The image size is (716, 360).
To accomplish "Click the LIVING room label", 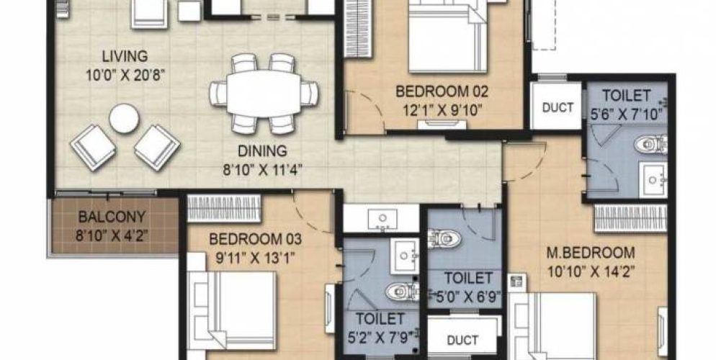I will (x=125, y=55).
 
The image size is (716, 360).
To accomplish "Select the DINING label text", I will (x=264, y=151).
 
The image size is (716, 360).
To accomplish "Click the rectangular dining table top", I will (x=264, y=92).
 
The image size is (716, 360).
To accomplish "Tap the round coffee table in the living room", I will (x=124, y=118).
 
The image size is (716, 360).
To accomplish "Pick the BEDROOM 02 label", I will (x=442, y=92).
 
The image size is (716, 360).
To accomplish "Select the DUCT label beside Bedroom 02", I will (x=558, y=108).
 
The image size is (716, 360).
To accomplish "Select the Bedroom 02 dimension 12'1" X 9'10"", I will (x=442, y=110).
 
